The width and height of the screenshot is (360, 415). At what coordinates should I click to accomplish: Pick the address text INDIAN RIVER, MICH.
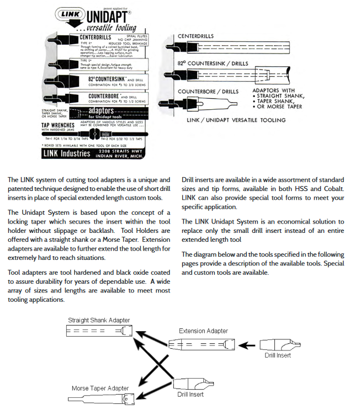(x=119, y=156)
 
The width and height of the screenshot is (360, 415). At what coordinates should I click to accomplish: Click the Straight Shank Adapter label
(x=99, y=320)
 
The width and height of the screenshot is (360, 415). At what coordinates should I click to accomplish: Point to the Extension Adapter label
(x=203, y=331)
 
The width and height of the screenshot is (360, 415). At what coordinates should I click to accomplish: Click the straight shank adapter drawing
(x=99, y=331)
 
